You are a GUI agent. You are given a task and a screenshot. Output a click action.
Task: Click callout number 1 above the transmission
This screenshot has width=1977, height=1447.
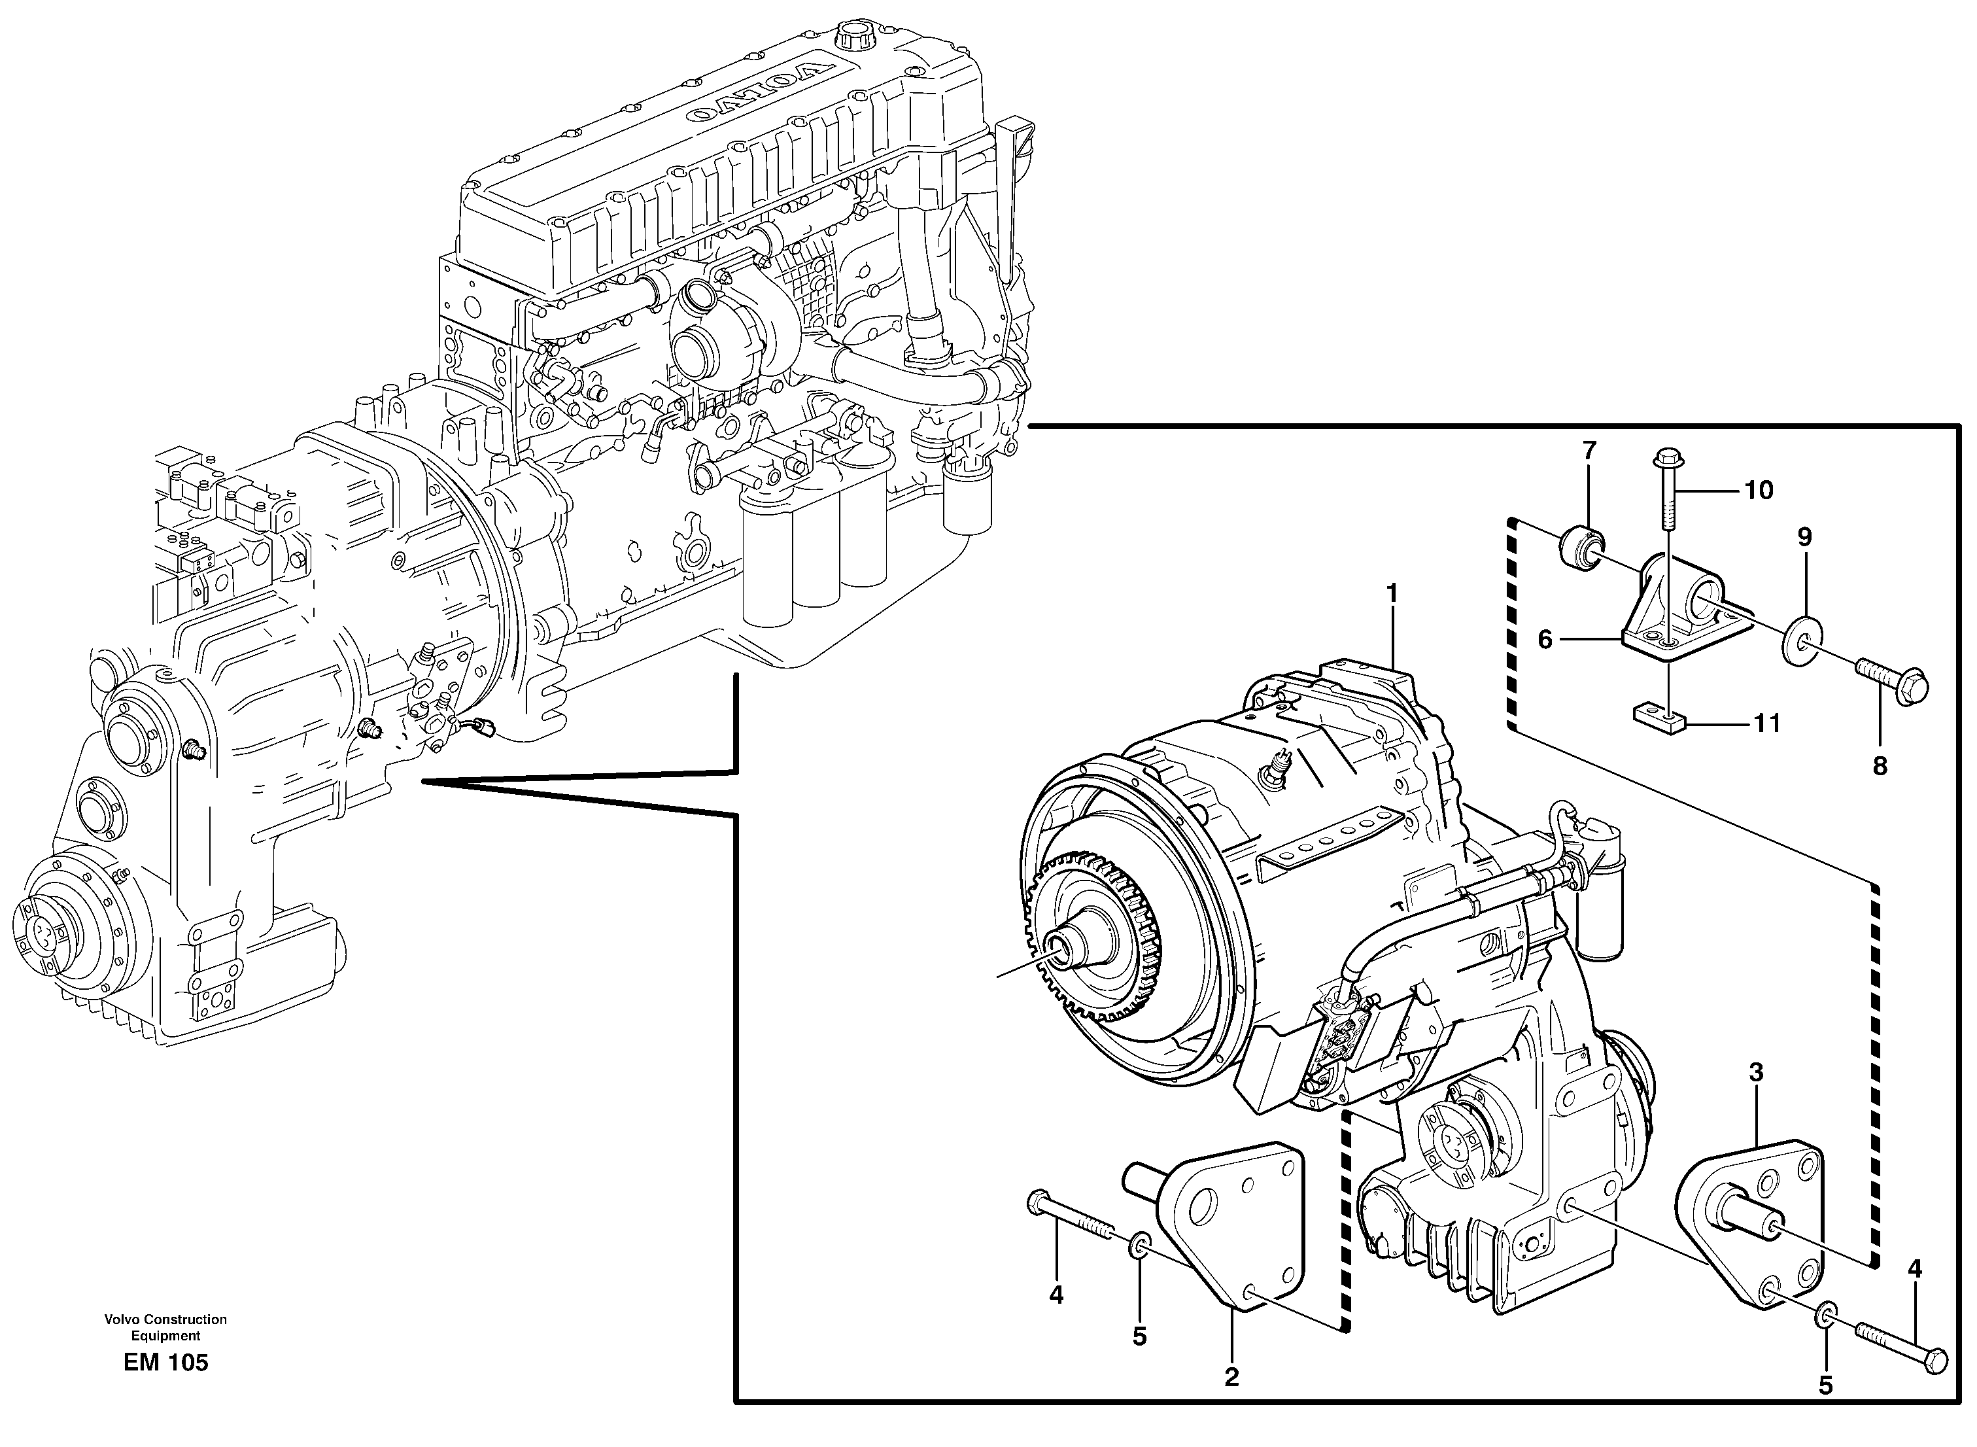click(1391, 594)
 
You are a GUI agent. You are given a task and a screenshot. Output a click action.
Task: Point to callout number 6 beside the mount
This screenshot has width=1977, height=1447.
click(1545, 640)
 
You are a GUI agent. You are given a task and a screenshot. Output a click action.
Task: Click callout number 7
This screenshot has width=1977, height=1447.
click(1589, 451)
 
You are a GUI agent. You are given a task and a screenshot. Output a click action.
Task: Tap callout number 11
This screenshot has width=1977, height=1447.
click(1767, 723)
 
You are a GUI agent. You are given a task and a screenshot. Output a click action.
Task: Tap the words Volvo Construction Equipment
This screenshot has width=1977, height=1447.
click(165, 1327)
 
